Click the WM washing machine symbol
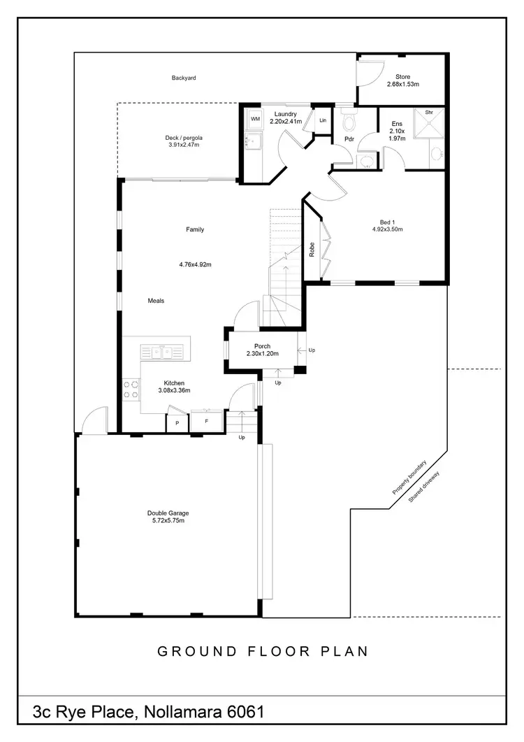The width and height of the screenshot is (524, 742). click(255, 120)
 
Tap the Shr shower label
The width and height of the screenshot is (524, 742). click(428, 112)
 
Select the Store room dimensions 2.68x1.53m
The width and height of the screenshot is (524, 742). click(402, 85)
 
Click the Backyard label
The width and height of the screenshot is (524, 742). click(184, 78)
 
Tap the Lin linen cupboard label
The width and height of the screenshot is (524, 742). click(322, 121)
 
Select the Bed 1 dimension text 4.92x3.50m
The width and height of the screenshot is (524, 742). click(387, 229)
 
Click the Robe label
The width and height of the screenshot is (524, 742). click(312, 250)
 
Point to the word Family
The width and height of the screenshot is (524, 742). click(195, 229)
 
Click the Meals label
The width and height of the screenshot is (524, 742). click(156, 301)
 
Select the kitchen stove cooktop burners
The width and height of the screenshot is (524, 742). click(131, 389)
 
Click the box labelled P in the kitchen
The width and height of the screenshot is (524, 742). click(177, 423)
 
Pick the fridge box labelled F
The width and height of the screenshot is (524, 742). click(206, 422)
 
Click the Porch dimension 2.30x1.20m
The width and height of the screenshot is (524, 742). click(262, 354)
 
